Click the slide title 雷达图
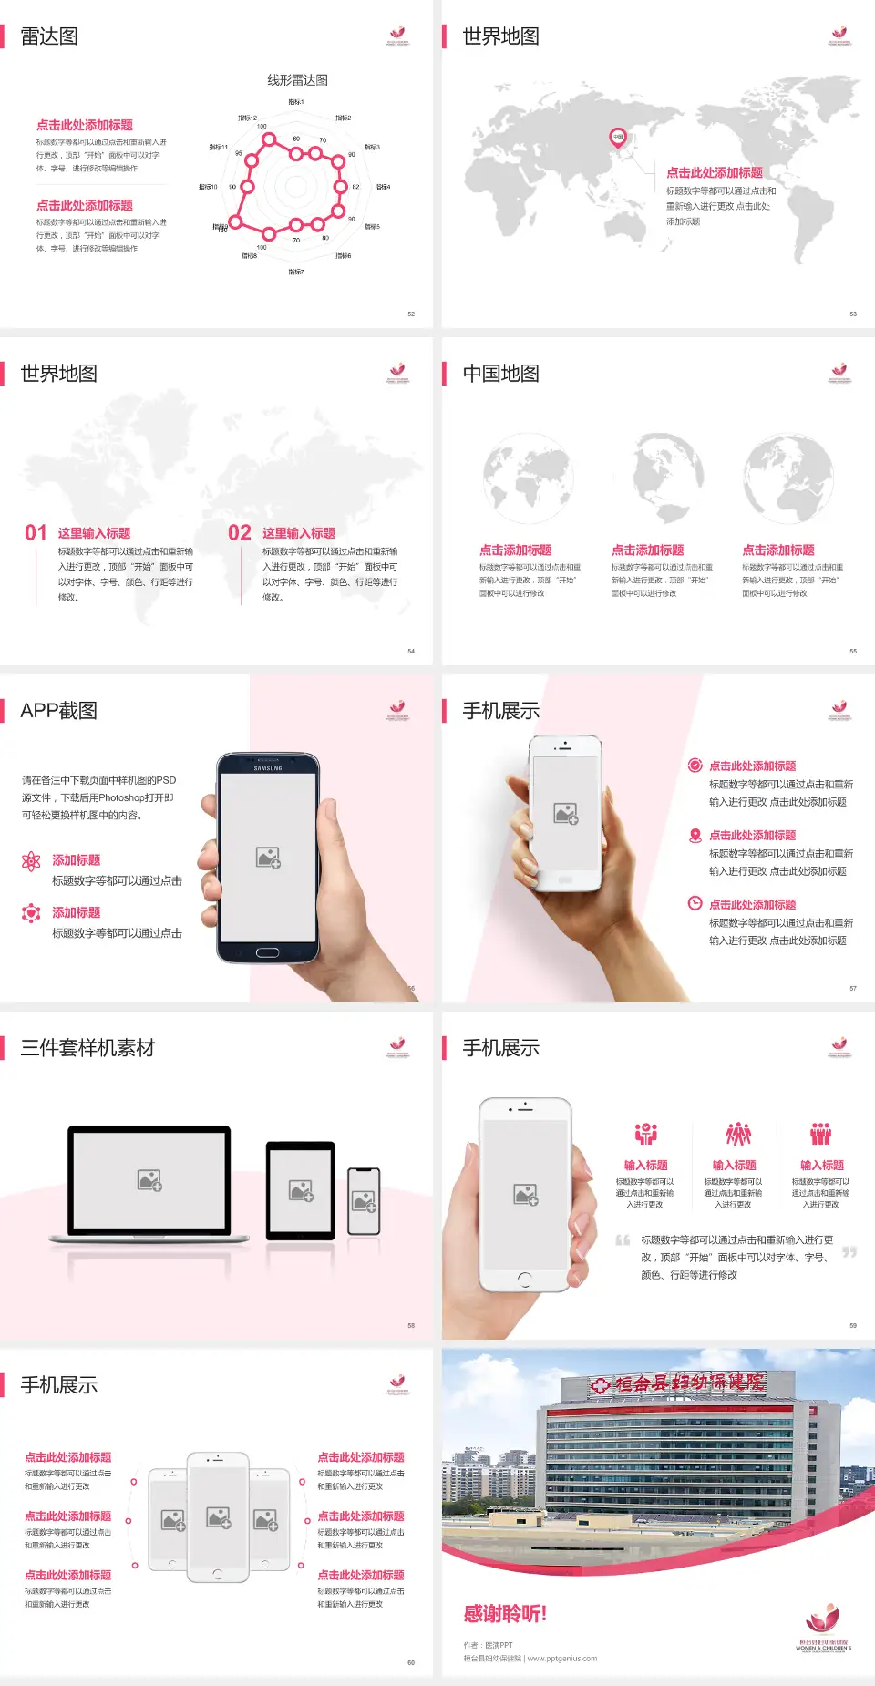pos(49,36)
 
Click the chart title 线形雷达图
pos(297,80)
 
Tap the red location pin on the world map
pos(617,138)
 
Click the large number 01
pos(36,533)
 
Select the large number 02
pos(240,533)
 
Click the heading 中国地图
pos(500,374)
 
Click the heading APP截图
pos(58,711)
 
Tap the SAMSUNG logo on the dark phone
pos(268,768)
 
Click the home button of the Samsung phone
pos(267,952)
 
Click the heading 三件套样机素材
pos(87,1048)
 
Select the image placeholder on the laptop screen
pos(149,1180)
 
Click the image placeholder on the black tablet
pos(301,1190)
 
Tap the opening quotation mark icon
pos(623,1240)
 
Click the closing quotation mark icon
pos(849,1252)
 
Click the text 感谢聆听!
pos(505,1614)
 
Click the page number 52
pos(411,314)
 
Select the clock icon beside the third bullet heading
pos(695,903)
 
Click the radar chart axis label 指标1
pos(296,102)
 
